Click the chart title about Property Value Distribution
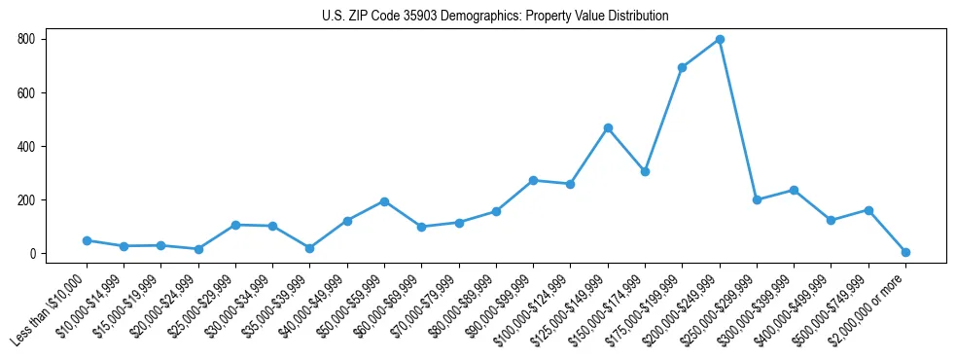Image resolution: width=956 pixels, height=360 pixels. pyautogui.click(x=495, y=17)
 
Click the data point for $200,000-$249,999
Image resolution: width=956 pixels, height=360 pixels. pyautogui.click(x=720, y=40)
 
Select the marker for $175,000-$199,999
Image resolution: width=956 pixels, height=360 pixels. pyautogui.click(x=683, y=67)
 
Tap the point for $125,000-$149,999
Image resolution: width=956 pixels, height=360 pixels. pyautogui.click(x=608, y=127)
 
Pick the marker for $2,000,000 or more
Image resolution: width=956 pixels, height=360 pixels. pyautogui.click(x=905, y=252)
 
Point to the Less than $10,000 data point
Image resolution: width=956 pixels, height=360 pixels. pyautogui.click(x=87, y=240)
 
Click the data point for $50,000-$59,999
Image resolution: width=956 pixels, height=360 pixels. pyautogui.click(x=384, y=201)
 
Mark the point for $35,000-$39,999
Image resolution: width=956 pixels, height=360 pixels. pyautogui.click(x=310, y=248)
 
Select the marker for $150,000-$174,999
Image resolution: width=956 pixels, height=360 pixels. pyautogui.click(x=645, y=171)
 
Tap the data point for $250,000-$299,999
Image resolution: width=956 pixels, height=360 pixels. pyautogui.click(x=757, y=199)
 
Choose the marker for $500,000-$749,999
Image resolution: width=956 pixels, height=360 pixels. pyautogui.click(x=868, y=210)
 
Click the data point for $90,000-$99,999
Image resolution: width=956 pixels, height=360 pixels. pyautogui.click(x=533, y=180)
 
